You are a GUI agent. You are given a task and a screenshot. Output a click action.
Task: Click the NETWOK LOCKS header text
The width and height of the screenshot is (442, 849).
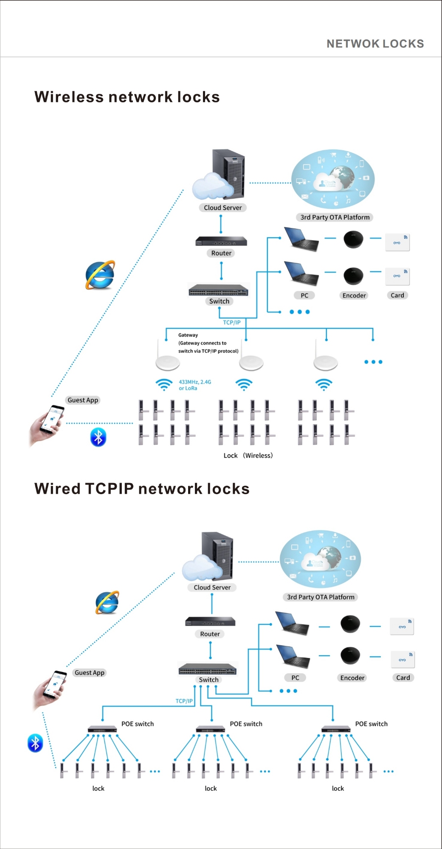coord(375,44)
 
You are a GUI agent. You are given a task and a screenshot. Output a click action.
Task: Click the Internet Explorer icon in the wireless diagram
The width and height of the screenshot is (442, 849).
coord(100,275)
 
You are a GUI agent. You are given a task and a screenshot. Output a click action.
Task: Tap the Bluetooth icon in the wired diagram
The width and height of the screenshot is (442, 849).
coord(35,743)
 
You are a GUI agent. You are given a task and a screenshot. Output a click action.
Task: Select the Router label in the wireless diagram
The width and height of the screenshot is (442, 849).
coord(221,253)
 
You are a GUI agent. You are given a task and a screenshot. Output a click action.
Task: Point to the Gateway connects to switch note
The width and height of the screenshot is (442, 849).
coord(208,343)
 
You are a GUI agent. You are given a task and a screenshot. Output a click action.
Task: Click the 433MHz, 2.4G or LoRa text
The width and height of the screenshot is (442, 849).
coord(194,385)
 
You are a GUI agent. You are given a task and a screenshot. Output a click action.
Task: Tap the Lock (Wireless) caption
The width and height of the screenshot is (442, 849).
coord(248,455)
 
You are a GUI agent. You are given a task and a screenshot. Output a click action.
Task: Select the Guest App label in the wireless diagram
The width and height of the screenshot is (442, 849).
coord(83,400)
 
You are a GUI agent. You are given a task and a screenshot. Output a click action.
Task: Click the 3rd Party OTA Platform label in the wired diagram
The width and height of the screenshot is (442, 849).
coord(321,597)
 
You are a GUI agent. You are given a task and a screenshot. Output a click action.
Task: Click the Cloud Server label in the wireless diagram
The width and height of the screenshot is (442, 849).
coord(222,208)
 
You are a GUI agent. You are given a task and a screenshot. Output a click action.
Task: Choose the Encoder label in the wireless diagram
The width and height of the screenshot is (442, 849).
coord(354,295)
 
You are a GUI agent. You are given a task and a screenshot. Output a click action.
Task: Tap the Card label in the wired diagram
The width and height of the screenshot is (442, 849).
coord(403,678)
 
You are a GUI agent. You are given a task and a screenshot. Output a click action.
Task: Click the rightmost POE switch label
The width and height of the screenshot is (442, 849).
coord(371,724)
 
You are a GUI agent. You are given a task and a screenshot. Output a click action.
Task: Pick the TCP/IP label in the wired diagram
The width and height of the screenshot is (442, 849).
coord(184,701)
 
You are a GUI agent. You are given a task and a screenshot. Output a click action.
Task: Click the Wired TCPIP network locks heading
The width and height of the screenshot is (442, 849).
coord(142,489)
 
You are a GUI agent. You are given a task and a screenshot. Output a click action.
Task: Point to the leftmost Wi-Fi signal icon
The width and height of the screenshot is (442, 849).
coord(164,385)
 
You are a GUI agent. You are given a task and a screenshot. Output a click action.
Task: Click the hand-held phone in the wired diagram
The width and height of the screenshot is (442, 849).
coord(51,689)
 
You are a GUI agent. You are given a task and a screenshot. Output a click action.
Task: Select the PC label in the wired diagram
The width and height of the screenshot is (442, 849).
coord(295,678)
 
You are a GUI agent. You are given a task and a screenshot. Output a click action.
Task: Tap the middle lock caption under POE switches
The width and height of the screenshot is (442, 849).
coord(211,788)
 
